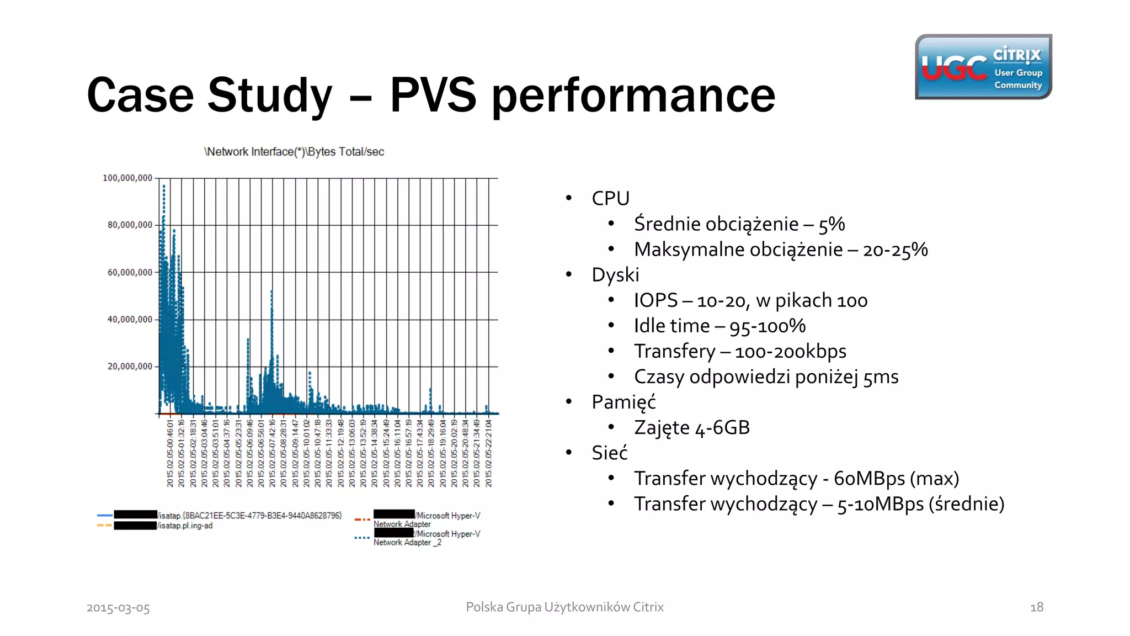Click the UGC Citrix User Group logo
click(983, 67)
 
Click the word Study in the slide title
click(270, 95)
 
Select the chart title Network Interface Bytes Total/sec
click(294, 152)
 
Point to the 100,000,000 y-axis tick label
click(127, 178)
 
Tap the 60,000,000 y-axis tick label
click(130, 272)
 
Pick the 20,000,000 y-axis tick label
click(130, 367)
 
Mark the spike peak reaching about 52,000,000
click(271, 291)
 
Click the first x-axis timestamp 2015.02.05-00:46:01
click(170, 453)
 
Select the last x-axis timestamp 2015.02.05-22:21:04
click(488, 453)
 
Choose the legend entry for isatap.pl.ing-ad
click(185, 526)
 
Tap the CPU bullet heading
click(610, 198)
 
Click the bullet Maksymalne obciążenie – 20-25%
click(780, 250)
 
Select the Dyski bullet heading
click(615, 275)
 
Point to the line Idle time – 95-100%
click(719, 326)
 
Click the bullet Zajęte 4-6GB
click(691, 428)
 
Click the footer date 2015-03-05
click(118, 608)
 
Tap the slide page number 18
click(1036, 607)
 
